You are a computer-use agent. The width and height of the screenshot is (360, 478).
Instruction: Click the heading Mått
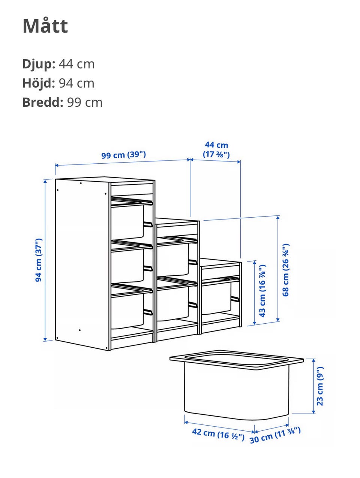tap(45, 26)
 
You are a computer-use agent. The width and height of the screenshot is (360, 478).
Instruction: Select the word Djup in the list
tap(39, 64)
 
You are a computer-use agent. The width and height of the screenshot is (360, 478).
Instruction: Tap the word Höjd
tap(39, 83)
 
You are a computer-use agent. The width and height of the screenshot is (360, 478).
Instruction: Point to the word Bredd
tap(43, 102)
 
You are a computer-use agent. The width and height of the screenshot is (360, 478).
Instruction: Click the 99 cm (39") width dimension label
tap(124, 155)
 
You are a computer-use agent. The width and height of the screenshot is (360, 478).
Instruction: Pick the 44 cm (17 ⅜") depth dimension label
tap(216, 149)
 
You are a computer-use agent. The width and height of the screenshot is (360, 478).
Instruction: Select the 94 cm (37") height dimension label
tap(39, 260)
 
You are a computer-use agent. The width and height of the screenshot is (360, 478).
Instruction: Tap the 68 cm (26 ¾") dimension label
tap(286, 270)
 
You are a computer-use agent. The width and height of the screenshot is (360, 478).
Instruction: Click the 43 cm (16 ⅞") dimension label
tap(263, 291)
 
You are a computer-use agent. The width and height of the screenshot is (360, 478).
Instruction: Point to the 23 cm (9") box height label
tap(320, 386)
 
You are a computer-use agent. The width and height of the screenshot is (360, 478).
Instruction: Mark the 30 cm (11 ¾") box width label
tap(275, 436)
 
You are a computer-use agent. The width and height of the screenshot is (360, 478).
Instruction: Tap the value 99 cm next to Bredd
tap(85, 102)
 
